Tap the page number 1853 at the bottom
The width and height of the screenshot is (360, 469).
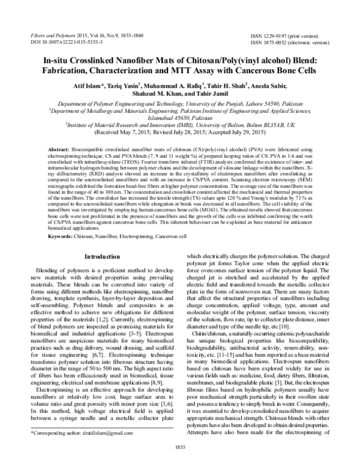click(179, 464)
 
